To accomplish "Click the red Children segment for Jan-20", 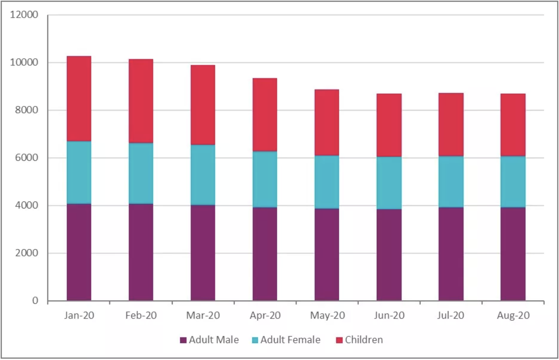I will pos(79,99).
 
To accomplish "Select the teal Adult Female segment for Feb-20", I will pos(141,173).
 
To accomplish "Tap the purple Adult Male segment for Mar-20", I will pos(203,253).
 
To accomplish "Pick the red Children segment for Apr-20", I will pos(265,115).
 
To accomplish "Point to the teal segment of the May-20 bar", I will pos(327,182).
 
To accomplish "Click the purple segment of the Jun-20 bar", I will pos(389,255).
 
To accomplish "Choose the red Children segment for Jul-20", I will pos(451,124).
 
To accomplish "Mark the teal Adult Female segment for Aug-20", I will pos(513,182).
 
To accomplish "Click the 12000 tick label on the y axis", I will pos(24,15).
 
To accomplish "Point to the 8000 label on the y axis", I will pos(26,110).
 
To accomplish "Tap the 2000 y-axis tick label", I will pos(26,253).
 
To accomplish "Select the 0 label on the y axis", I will pos(35,301).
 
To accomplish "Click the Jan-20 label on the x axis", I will pos(79,315).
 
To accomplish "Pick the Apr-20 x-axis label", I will pos(265,315).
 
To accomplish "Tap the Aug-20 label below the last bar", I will pos(513,315).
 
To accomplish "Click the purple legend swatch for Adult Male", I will pos(183,340).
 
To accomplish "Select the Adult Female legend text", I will pos(290,340).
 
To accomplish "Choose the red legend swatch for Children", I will pos(339,340).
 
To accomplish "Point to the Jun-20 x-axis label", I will pos(389,315).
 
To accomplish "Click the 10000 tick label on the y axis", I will pos(24,62).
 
